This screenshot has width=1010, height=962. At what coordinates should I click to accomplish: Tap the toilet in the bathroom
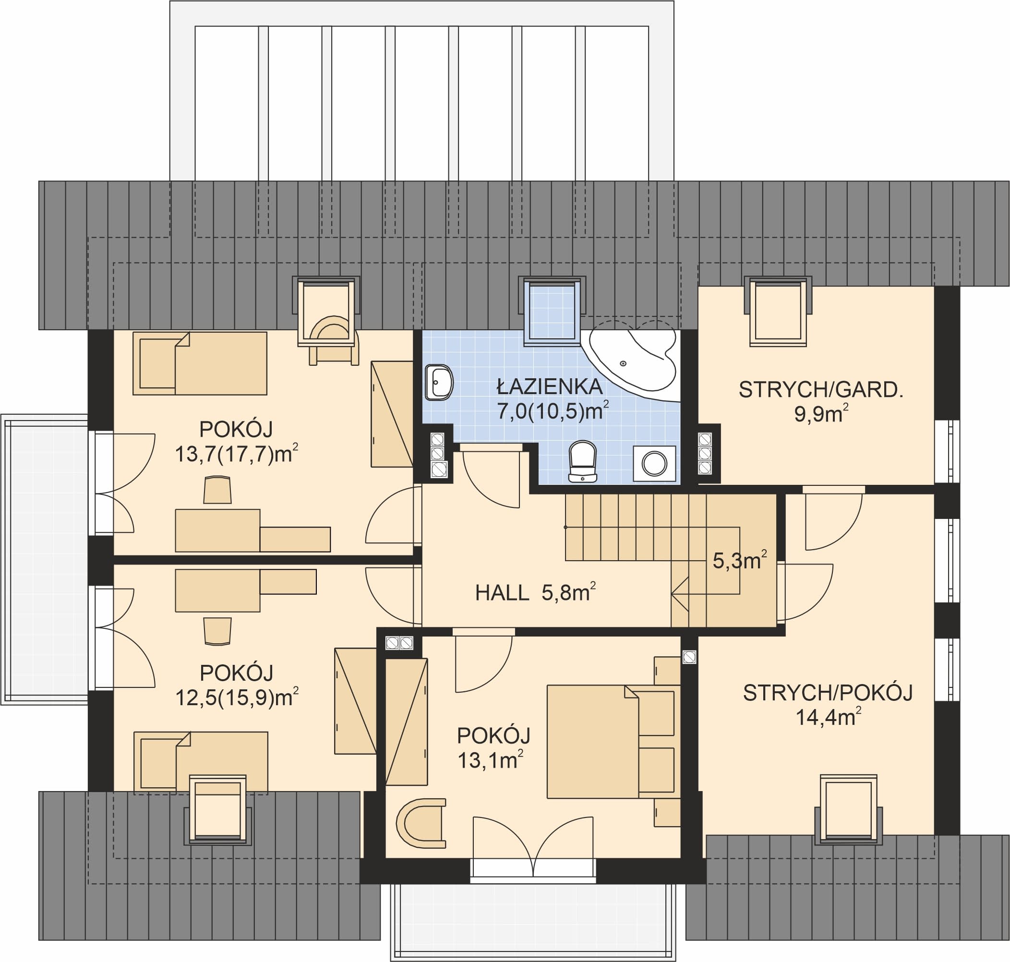click(583, 461)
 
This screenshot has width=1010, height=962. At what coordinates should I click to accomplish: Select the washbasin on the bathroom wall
click(439, 383)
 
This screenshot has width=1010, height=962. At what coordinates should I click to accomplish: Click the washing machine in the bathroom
click(654, 464)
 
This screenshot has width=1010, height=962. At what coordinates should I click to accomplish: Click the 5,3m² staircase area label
click(740, 560)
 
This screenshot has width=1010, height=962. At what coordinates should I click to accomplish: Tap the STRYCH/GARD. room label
click(820, 390)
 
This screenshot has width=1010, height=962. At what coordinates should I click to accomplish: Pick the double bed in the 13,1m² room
click(610, 742)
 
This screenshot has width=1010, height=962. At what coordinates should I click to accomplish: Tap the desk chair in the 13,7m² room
click(217, 490)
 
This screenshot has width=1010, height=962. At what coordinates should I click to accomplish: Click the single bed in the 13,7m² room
click(200, 363)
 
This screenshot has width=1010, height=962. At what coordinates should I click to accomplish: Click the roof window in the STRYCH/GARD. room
click(778, 312)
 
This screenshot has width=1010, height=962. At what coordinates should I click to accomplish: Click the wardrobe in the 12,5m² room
click(355, 701)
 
